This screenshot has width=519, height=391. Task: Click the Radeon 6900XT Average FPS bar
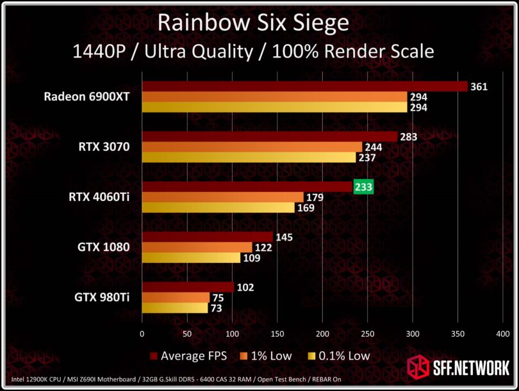click(x=304, y=86)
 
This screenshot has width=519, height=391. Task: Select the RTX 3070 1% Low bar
click(x=252, y=147)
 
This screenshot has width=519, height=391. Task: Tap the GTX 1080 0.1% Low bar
click(x=191, y=258)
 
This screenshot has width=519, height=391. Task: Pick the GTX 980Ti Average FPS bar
click(x=188, y=287)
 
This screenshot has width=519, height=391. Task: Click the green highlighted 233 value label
click(x=363, y=186)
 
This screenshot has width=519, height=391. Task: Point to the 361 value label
click(x=479, y=86)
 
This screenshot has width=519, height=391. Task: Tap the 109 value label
click(x=252, y=258)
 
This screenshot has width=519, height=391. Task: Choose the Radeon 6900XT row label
click(x=87, y=97)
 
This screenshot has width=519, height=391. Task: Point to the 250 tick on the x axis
click(x=367, y=333)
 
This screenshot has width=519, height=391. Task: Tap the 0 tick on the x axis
click(x=142, y=333)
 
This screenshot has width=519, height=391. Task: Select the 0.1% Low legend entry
click(x=340, y=355)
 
